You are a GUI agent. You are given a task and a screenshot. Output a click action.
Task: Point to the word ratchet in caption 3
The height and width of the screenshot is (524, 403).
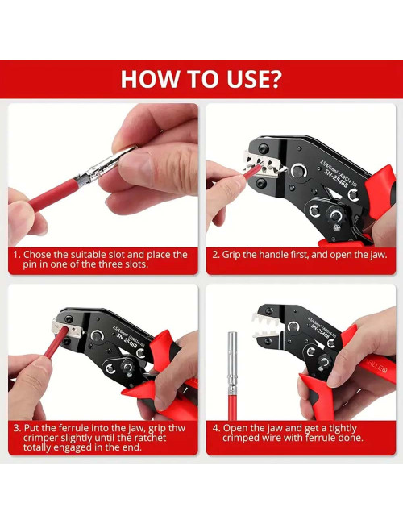click(148, 439)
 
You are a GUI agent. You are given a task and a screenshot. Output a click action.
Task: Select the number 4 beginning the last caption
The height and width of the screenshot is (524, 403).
click(216, 427)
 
